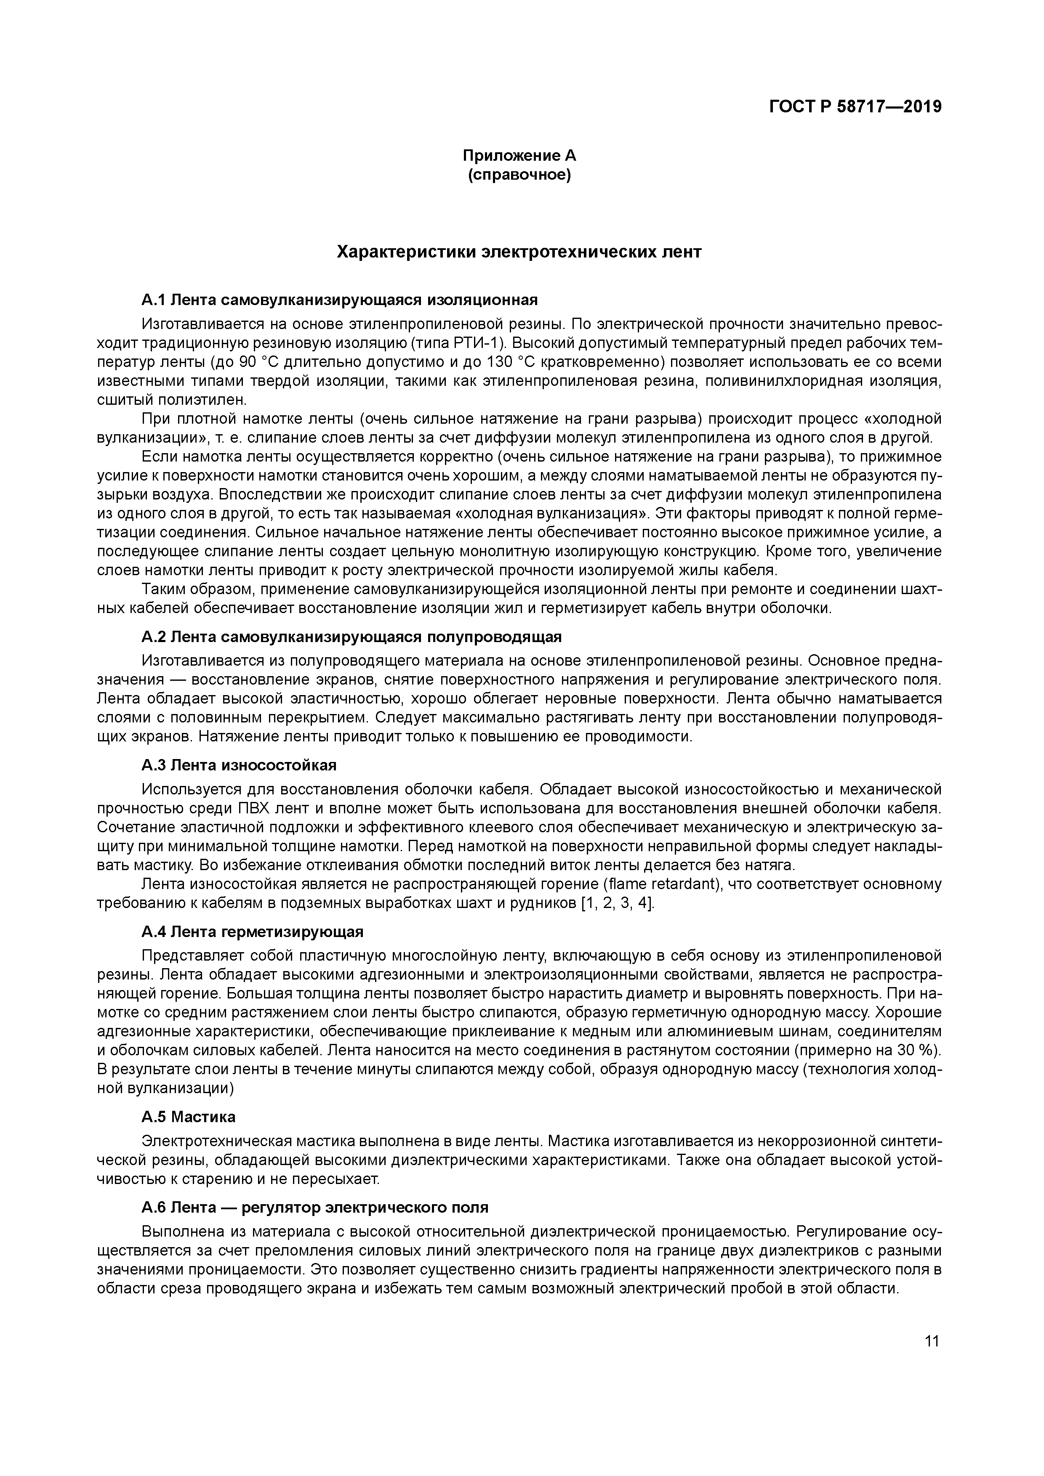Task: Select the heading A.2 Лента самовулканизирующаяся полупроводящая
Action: (x=351, y=637)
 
